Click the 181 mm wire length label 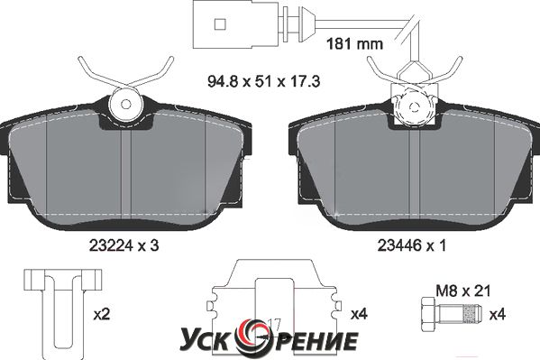tap(354, 44)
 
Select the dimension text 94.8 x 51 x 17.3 tap(264, 82)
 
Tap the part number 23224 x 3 tap(124, 245)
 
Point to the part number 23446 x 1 tap(412, 245)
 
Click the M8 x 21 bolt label tap(462, 291)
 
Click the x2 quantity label tap(102, 315)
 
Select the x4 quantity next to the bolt tap(497, 315)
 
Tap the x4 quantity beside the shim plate tap(359, 315)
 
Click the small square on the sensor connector tap(220, 24)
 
